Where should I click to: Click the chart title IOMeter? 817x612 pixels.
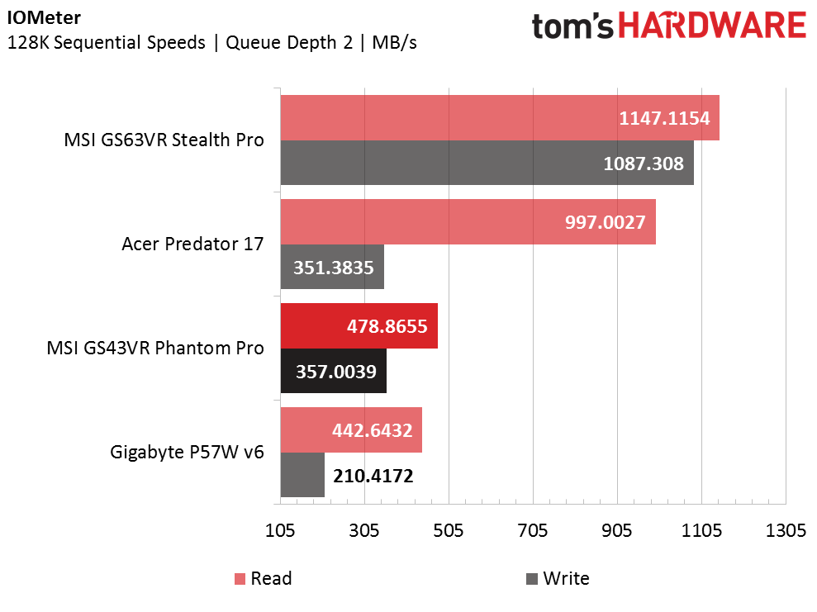tap(44, 17)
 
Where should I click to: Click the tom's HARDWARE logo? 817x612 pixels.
tap(669, 26)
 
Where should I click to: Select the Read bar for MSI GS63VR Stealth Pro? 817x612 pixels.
tap(500, 118)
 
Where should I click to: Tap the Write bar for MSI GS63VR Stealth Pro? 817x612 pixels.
tap(487, 163)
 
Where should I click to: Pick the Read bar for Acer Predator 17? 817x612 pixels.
tap(468, 222)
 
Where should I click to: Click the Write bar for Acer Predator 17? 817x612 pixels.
tap(332, 267)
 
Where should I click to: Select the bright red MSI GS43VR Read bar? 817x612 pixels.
tap(359, 326)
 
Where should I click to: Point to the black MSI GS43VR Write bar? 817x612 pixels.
tap(334, 371)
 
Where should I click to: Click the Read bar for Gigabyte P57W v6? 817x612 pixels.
tap(351, 430)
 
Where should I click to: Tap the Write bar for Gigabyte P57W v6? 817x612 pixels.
tap(302, 475)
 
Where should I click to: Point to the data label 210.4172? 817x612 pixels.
tap(373, 476)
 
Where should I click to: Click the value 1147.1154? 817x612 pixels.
tap(664, 118)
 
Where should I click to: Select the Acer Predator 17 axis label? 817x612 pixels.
tap(192, 244)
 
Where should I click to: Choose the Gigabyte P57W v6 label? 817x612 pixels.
tap(187, 452)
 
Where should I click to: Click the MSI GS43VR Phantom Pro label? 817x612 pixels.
tap(155, 348)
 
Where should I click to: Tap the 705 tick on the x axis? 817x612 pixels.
tap(533, 530)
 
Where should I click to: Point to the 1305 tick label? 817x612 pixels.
tap(786, 530)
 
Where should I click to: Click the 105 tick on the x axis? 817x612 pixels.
tap(280, 530)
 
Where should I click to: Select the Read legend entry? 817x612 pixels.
tap(264, 578)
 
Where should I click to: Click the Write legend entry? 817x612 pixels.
tap(558, 578)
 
